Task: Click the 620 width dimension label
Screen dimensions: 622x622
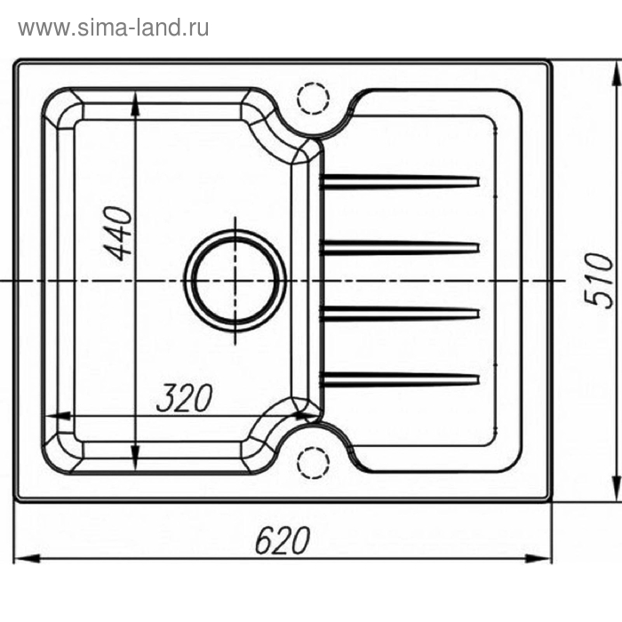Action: tap(283, 540)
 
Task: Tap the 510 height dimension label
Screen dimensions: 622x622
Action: tap(600, 280)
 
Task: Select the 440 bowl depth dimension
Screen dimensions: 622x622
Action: tap(118, 233)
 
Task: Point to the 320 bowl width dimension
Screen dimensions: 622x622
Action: tap(185, 397)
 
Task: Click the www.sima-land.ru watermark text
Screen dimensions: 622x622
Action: tap(114, 28)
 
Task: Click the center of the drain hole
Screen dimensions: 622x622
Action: tap(235, 281)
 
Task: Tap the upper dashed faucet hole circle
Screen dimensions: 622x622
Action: tap(314, 99)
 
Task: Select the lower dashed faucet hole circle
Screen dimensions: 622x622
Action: tap(314, 463)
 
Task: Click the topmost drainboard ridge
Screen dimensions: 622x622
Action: tap(400, 181)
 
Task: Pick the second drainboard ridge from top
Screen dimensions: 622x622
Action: tap(400, 248)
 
